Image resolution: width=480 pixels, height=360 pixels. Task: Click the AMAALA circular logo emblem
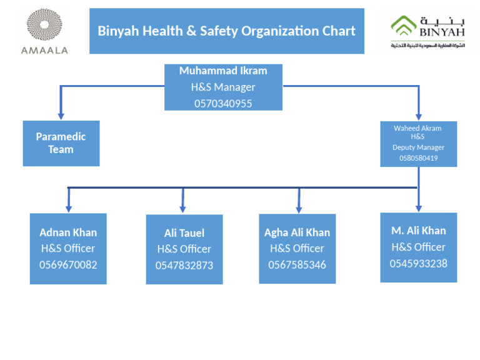pos(44,26)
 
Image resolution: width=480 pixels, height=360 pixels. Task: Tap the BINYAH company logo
pos(428,31)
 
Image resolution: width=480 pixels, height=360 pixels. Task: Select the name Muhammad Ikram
pos(223,71)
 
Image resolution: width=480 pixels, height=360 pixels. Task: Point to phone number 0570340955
pos(223,104)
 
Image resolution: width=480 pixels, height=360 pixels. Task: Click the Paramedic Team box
pos(61,143)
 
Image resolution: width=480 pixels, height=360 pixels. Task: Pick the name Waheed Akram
pos(417,128)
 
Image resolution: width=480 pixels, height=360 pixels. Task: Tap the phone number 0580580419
pos(418,158)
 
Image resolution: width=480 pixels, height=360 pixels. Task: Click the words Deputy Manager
pos(418,147)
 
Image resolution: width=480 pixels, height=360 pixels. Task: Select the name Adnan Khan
pos(68,232)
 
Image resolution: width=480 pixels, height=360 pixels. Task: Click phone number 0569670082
pos(68,264)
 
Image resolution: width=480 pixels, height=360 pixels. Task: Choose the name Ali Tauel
pos(184,233)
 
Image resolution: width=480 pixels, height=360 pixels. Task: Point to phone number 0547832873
pos(184,266)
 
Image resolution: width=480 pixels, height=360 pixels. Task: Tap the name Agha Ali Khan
pos(297,232)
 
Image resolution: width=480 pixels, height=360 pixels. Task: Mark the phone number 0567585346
pos(297,264)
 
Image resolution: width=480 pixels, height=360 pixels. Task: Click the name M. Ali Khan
pos(418,231)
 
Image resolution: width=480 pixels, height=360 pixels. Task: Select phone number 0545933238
pos(418,263)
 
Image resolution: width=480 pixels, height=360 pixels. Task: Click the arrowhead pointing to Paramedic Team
pos(61,116)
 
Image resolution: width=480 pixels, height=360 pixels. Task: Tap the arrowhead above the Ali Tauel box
pos(182,209)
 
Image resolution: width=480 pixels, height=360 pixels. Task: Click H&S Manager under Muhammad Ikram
pos(223,87)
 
